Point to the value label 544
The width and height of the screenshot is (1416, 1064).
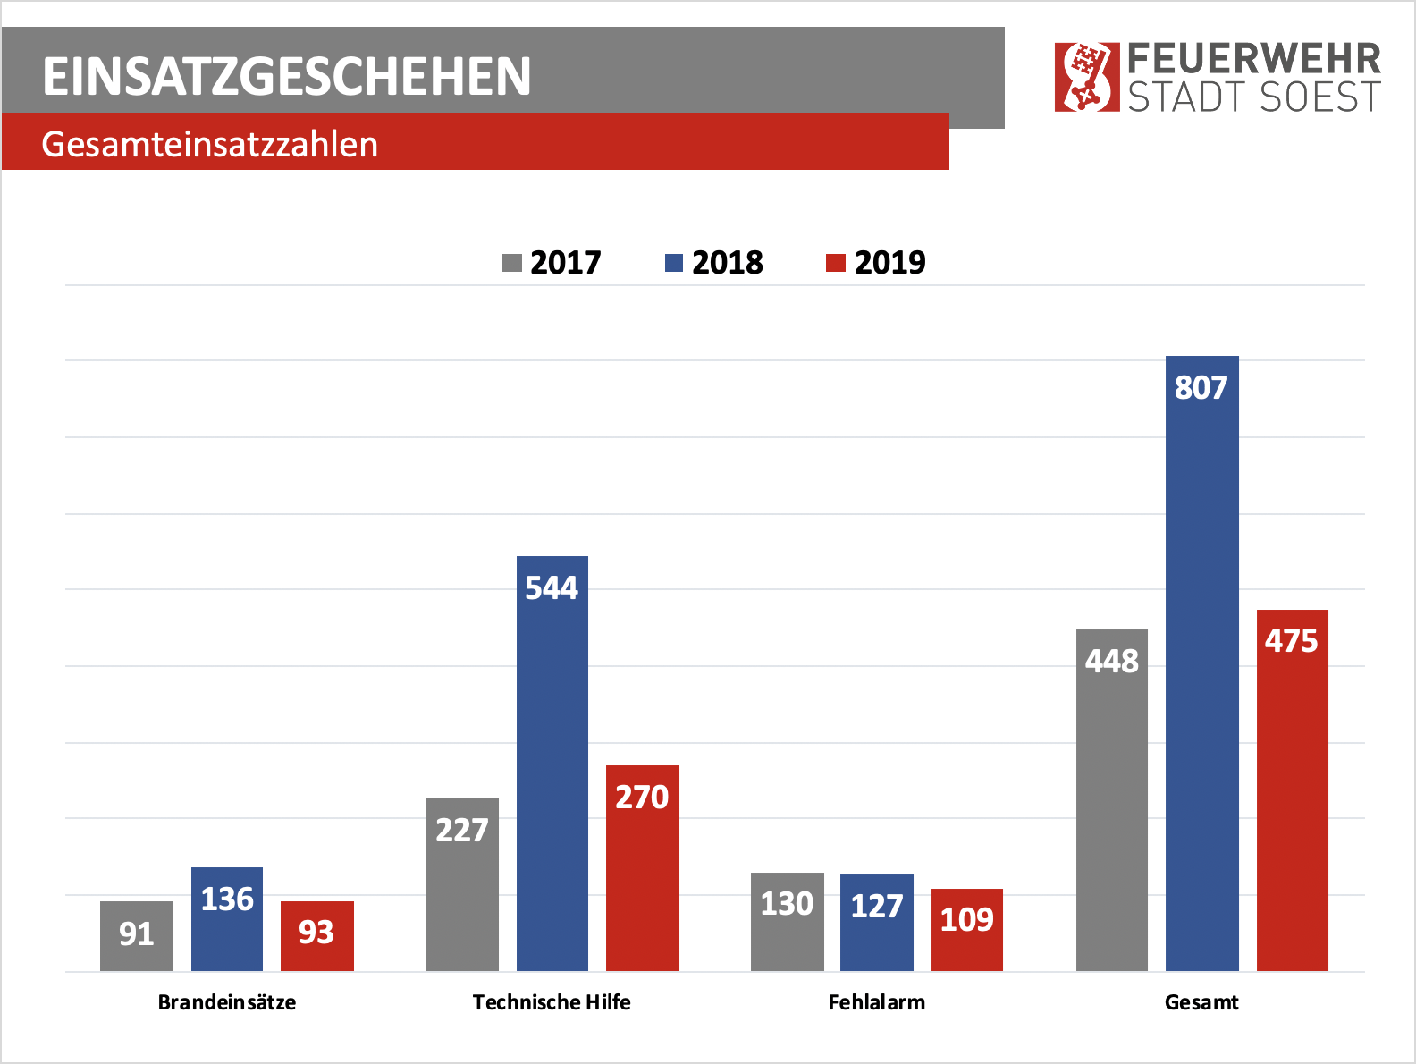(552, 587)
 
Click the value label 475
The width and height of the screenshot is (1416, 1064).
(1291, 640)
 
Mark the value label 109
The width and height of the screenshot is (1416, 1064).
(966, 919)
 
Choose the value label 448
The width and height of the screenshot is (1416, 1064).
(1111, 661)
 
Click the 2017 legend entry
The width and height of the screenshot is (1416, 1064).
(552, 263)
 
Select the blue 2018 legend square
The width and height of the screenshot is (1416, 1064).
(673, 263)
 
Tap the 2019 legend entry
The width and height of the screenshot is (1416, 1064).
(876, 263)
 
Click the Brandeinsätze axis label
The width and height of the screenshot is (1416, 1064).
(227, 1002)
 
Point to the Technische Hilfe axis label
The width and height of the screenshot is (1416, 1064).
(552, 1002)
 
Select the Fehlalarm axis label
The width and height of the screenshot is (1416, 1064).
(876, 1002)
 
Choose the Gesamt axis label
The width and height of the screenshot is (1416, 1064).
(1201, 1002)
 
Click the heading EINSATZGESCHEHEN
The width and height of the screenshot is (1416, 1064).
(287, 76)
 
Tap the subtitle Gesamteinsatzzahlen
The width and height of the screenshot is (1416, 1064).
(210, 144)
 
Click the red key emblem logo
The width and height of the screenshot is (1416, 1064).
(1086, 77)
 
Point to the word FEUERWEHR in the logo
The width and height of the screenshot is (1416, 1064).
(1254, 59)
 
